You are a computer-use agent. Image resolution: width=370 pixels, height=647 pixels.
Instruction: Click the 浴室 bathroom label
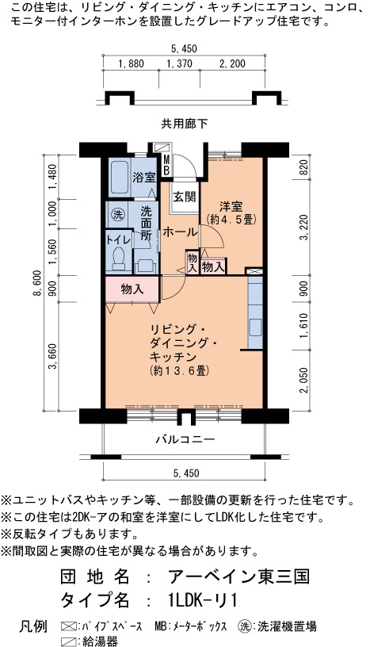tap(144, 178)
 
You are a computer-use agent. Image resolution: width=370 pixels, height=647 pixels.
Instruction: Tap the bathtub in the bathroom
tap(120, 178)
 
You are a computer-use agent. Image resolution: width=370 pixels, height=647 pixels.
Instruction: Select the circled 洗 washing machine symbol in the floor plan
tap(117, 215)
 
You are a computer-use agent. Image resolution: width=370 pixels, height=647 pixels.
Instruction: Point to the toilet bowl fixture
tap(119, 258)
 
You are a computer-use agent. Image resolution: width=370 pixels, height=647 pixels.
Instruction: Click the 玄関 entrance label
tap(184, 197)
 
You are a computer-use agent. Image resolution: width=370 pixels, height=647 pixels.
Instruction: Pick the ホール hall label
tap(180, 232)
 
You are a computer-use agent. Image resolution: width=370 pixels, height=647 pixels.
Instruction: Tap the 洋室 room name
tap(231, 205)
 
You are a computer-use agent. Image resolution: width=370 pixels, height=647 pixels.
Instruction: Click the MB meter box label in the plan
tap(166, 164)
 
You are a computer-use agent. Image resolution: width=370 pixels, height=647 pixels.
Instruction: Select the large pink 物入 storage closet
tap(132, 289)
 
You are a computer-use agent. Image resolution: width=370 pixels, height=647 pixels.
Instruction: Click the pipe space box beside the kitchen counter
tap(254, 271)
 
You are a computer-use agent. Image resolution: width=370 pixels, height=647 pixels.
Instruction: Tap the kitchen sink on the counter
tap(255, 327)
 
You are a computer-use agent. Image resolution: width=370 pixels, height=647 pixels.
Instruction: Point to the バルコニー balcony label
tap(185, 439)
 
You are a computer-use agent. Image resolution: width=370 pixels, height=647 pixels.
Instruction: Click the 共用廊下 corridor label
tap(185, 124)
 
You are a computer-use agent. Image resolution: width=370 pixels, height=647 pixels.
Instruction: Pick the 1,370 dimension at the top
tap(179, 63)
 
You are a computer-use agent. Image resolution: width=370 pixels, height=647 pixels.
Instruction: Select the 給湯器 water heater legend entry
tap(89, 641)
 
